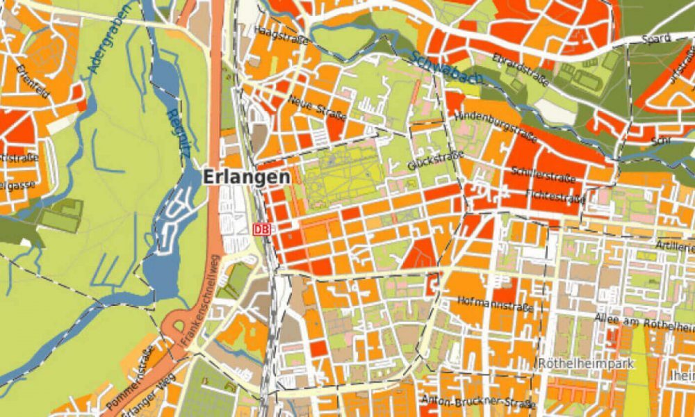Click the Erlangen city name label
click(246, 177)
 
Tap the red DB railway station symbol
click(261, 228)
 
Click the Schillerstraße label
click(543, 175)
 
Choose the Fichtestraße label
click(555, 197)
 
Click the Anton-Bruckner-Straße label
click(479, 402)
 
